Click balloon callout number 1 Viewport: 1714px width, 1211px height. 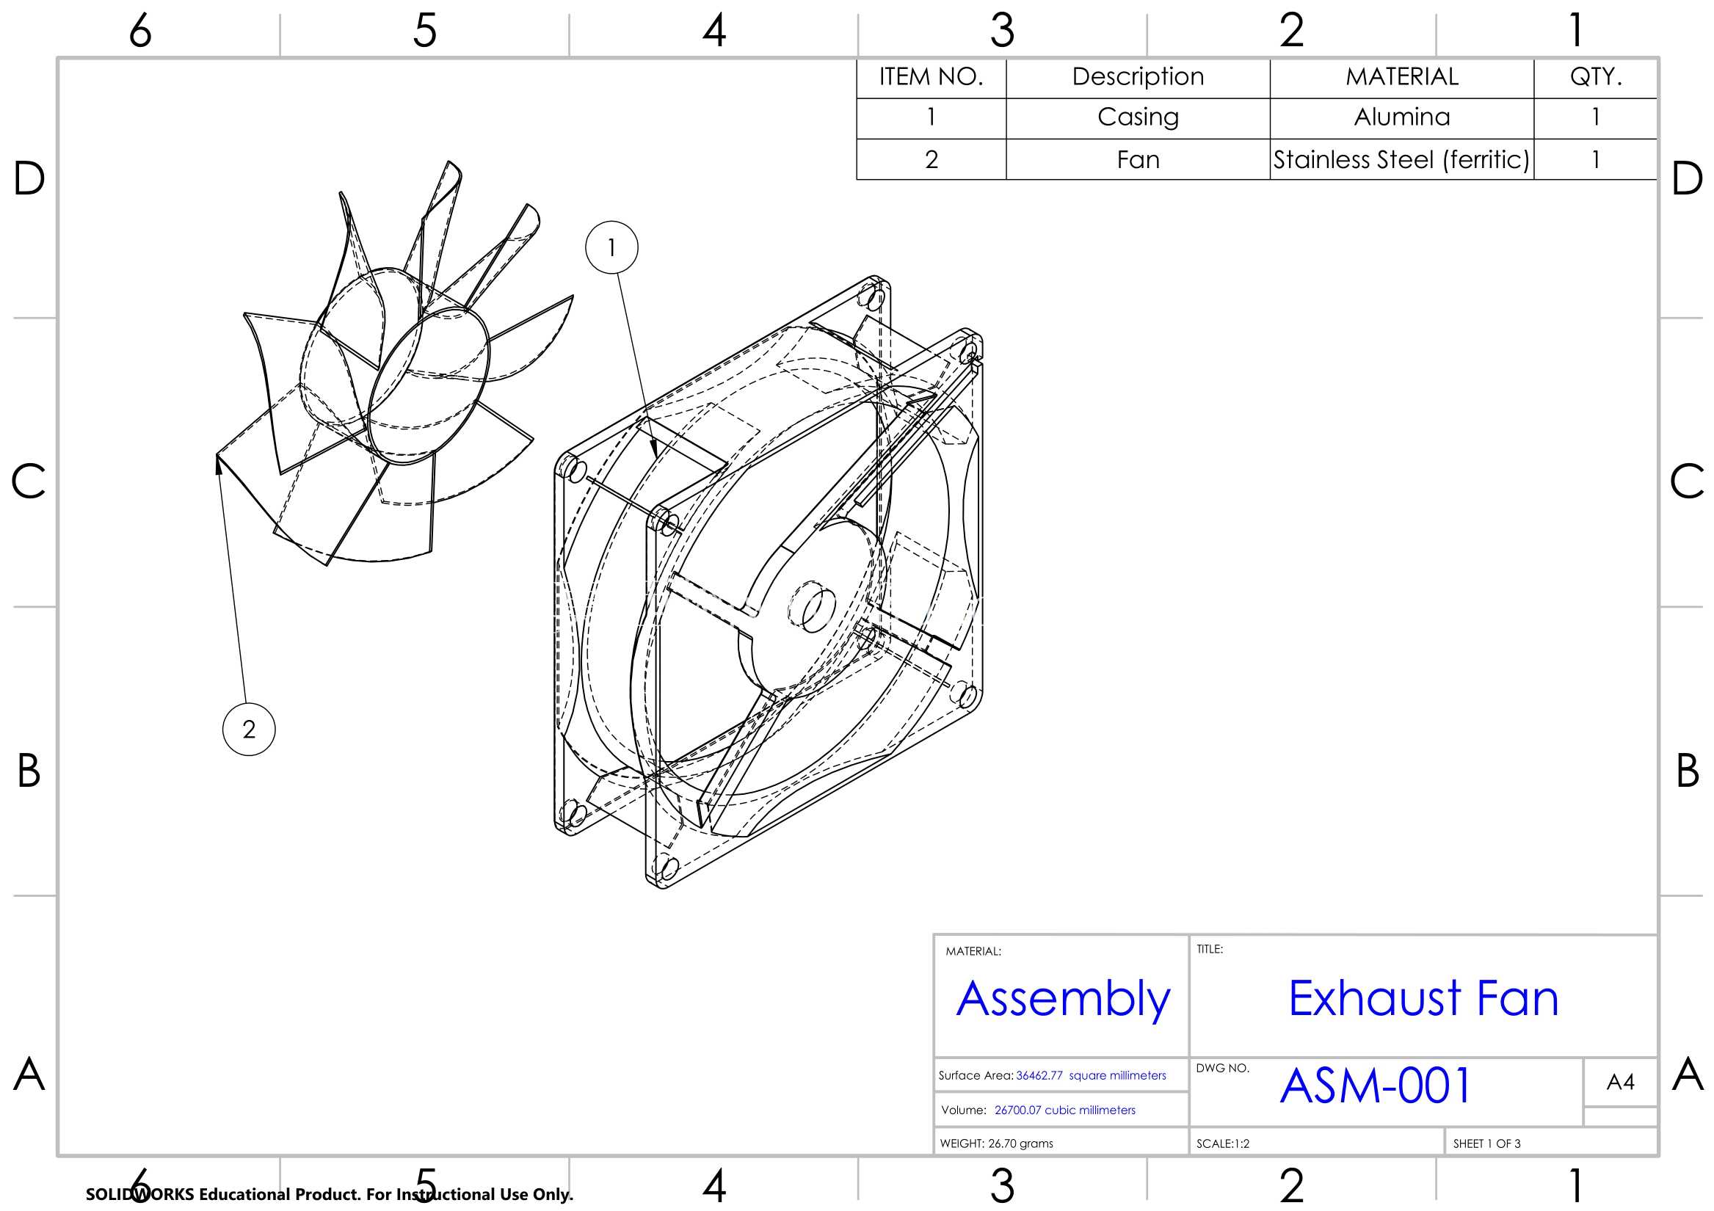[x=611, y=247]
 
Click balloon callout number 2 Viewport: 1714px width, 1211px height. [x=249, y=729]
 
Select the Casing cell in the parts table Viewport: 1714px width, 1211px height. [x=1138, y=118]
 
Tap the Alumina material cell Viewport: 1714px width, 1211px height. [x=1402, y=118]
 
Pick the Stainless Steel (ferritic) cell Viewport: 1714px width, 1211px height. [x=1402, y=159]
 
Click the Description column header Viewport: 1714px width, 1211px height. [x=1138, y=77]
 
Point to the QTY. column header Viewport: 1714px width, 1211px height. [x=1596, y=77]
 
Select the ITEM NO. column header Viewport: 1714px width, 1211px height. [x=931, y=77]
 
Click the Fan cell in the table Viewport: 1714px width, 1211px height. [x=1138, y=159]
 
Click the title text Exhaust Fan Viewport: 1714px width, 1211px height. [x=1423, y=998]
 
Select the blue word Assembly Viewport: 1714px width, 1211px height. [x=1063, y=1000]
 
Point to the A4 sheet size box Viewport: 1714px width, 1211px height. [x=1620, y=1082]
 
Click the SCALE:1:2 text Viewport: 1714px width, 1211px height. [x=1223, y=1143]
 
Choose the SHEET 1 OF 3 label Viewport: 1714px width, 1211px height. [x=1486, y=1143]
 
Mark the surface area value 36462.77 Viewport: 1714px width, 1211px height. [x=1039, y=1075]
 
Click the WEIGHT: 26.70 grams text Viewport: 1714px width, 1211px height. [x=997, y=1143]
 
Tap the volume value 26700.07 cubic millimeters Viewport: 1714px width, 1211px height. [x=1064, y=1110]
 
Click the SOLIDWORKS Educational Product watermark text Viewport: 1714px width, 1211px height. [x=329, y=1194]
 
